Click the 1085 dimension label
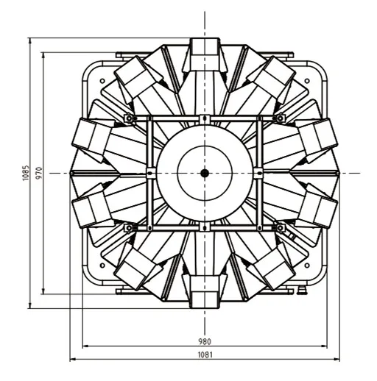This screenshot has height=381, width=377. click(x=26, y=173)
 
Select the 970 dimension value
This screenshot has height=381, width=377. click(x=39, y=173)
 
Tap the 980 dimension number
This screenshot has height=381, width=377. click(x=205, y=341)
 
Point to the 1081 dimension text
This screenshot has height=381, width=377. click(x=205, y=355)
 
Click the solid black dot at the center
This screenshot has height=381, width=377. click(x=205, y=174)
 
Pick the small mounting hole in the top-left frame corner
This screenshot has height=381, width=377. click(x=102, y=81)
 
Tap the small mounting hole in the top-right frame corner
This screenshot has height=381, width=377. click(x=307, y=81)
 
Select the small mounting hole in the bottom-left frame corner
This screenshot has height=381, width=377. click(x=102, y=266)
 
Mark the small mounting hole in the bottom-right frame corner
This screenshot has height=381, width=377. click(x=307, y=266)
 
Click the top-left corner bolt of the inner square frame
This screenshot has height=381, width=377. click(x=129, y=118)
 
